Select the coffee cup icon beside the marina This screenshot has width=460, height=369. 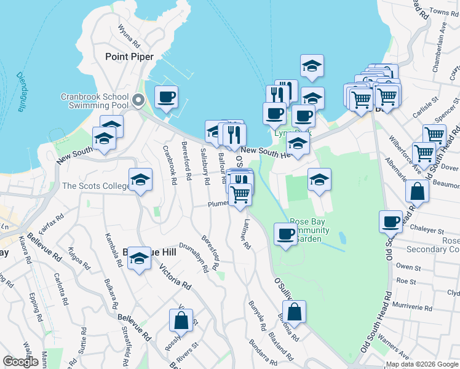[x=166, y=97]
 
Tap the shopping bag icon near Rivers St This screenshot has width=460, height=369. [x=181, y=320]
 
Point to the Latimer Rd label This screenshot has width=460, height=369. [x=246, y=235]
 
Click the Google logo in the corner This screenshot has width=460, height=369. [x=20, y=362]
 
